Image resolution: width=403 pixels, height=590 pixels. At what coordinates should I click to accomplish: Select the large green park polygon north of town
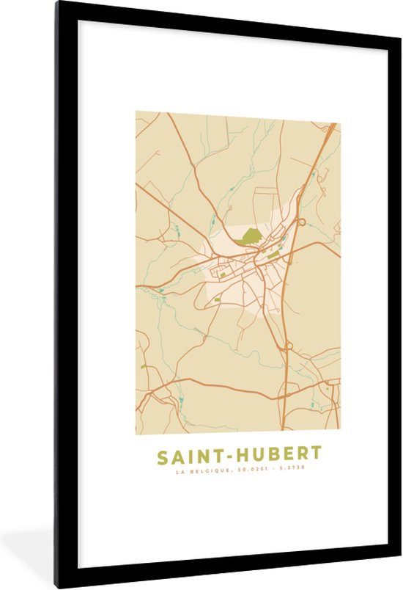pyautogui.click(x=250, y=236)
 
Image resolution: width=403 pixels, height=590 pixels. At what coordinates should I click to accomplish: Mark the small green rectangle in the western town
pyautogui.click(x=217, y=299)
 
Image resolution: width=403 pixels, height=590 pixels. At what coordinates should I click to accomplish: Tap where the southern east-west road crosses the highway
pyautogui.click(x=282, y=398)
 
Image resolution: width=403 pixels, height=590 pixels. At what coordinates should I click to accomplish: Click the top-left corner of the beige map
pyautogui.click(x=136, y=112)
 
